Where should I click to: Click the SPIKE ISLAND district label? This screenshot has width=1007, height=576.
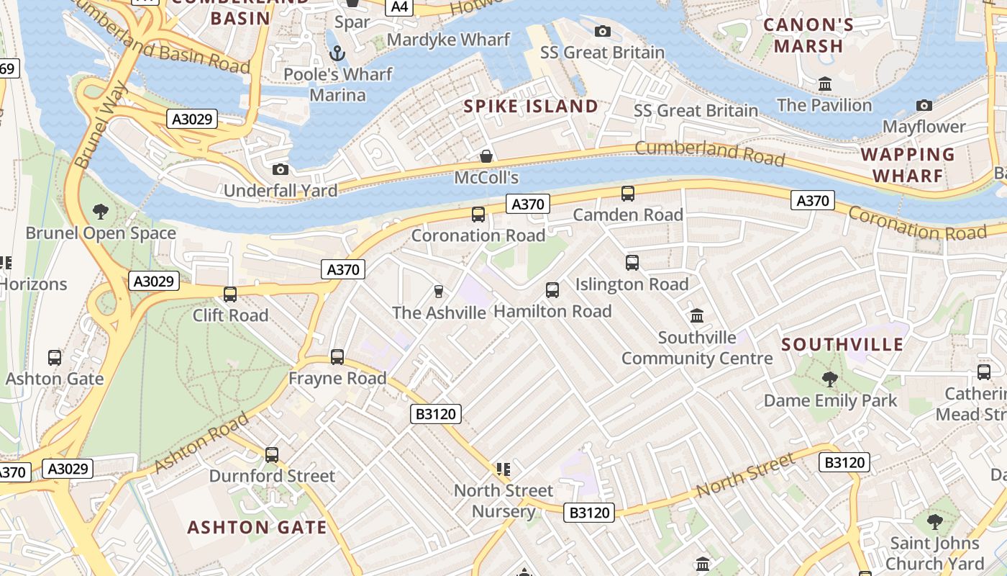click(x=531, y=107)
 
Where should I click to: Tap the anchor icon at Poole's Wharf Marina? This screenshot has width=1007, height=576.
click(x=337, y=53)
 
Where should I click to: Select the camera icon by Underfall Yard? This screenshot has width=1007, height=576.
click(x=281, y=169)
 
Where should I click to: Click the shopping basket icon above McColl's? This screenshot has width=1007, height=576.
click(x=486, y=156)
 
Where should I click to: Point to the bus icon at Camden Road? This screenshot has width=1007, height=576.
click(x=628, y=193)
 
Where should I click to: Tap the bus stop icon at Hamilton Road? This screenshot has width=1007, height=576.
click(x=552, y=289)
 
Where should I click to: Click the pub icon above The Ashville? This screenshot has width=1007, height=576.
click(x=438, y=291)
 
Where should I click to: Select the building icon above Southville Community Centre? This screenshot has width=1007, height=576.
click(x=696, y=315)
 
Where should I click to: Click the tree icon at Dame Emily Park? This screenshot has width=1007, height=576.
click(x=830, y=379)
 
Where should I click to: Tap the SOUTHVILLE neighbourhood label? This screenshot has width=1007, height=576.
click(x=842, y=344)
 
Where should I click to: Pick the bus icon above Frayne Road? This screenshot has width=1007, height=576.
click(x=337, y=356)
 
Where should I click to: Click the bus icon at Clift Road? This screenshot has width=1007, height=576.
click(x=230, y=294)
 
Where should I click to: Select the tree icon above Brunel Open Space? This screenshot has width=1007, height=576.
click(x=101, y=211)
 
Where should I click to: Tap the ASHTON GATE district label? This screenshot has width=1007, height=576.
click(x=257, y=527)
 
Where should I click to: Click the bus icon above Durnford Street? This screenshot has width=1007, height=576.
click(x=271, y=454)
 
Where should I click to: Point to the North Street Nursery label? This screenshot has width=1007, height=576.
click(x=503, y=500)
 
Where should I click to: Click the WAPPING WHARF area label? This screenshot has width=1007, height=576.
click(x=907, y=165)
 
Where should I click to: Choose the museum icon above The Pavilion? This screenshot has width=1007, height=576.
click(x=825, y=84)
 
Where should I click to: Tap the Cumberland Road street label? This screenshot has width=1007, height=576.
click(x=709, y=153)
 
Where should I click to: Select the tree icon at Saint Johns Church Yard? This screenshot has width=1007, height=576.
click(x=934, y=521)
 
